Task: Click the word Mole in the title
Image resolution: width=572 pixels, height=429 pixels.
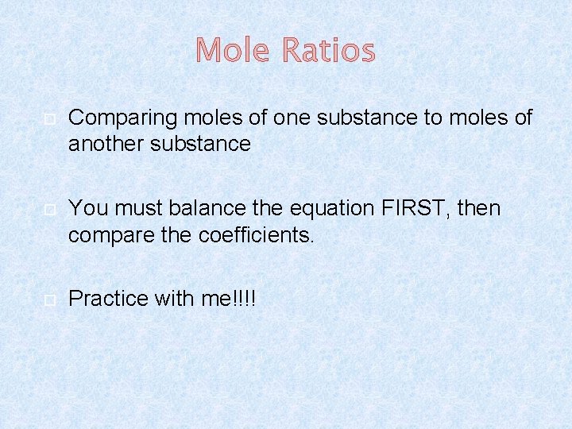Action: coord(234,51)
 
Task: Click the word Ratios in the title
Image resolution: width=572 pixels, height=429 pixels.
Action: coord(328,51)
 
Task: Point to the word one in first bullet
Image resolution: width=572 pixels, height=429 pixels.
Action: coord(294,118)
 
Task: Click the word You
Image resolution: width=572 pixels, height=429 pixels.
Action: coord(87,208)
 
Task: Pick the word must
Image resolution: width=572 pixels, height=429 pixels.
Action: coord(133,208)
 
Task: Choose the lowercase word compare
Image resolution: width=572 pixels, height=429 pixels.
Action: coord(108,236)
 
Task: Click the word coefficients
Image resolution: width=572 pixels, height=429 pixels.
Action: coord(253,234)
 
